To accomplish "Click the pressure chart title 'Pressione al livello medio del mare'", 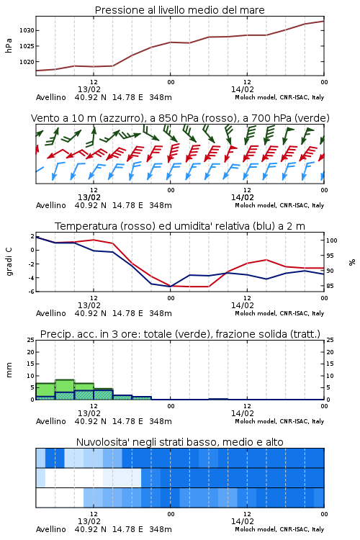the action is (179, 10).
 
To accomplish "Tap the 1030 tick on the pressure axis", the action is (27, 31).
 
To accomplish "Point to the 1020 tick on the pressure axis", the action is (27, 62).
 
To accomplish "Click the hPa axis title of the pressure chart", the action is (9, 46).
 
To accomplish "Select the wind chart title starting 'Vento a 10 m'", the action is (180, 118).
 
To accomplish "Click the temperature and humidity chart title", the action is (180, 226).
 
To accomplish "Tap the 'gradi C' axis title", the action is (9, 262).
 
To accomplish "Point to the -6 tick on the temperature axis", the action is (31, 292).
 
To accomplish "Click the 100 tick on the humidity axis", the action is (331, 240).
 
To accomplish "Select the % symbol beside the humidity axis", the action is (352, 262).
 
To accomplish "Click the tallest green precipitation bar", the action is (64, 390).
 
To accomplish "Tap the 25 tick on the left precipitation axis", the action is (31, 341).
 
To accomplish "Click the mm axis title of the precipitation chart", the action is (9, 370).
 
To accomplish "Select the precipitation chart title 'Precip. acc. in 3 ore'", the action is (180, 334).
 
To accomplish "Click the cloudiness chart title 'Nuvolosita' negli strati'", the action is (179, 442).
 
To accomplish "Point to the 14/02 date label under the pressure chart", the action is (242, 89).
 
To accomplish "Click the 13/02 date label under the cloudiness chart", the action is (89, 521).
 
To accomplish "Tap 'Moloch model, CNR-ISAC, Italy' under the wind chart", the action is (279, 205).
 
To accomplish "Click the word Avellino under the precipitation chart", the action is (50, 421).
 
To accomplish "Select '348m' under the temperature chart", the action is (160, 313).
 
